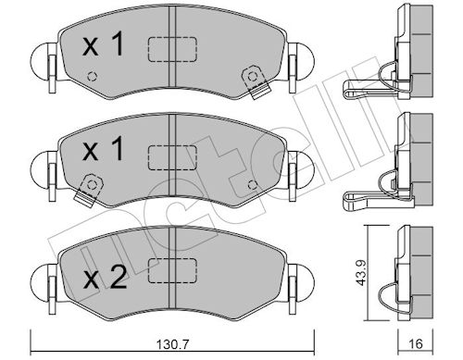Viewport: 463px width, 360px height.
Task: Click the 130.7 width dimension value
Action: coord(172,343)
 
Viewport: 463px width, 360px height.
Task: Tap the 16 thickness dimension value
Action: coord(415,343)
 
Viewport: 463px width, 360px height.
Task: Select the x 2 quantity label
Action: coord(105,277)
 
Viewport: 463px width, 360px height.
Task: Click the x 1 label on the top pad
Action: coord(104,44)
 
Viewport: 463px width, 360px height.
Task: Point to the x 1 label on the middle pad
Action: coord(104,149)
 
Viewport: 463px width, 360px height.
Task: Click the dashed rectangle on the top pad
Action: coord(172,49)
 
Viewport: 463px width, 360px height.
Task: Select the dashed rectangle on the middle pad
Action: coord(172,157)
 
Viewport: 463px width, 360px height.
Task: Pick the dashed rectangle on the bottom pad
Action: coord(172,270)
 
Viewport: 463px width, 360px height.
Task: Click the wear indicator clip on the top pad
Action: coord(257,81)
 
